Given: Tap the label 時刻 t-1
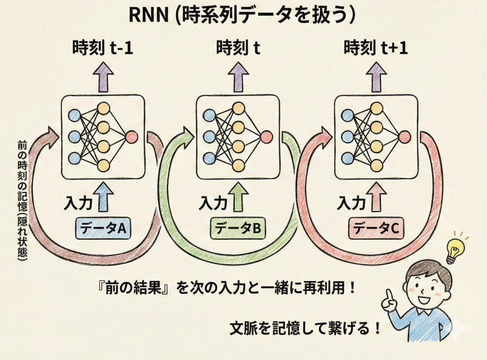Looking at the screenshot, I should tap(102, 49).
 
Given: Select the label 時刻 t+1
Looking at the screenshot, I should tap(376, 49).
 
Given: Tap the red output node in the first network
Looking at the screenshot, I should tap(131, 137).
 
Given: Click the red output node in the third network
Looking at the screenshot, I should tap(404, 137).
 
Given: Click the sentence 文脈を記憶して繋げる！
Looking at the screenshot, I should tap(305, 328).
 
